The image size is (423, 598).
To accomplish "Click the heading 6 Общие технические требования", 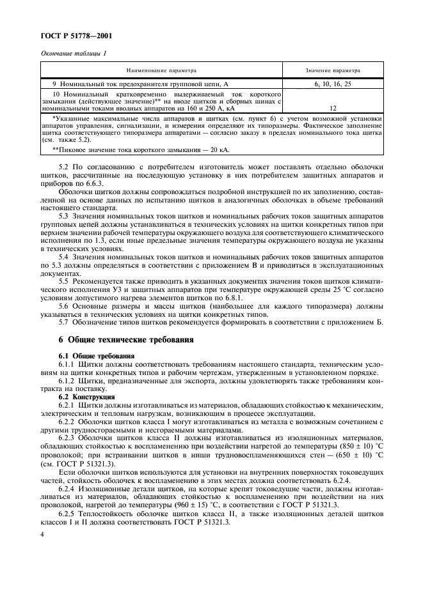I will pyautogui.click(x=122, y=339).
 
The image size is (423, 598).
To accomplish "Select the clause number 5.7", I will pyautogui.click(x=65, y=322).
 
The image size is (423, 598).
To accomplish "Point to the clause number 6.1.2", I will pyautogui.click(x=67, y=381).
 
